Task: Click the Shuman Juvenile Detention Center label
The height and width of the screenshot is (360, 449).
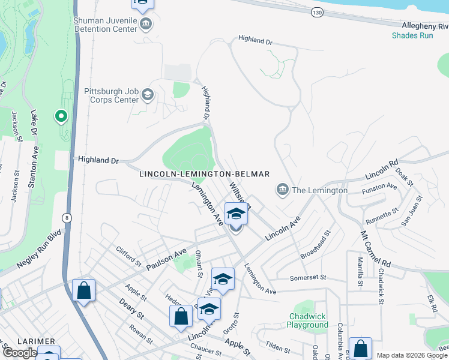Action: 105,24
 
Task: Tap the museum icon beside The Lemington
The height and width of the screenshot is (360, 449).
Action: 282,190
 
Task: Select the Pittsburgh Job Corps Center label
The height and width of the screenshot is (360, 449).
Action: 111,95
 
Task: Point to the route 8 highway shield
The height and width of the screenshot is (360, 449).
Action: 65,217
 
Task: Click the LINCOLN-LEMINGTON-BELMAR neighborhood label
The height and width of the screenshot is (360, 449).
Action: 204,174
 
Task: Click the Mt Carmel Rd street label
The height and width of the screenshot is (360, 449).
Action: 375,248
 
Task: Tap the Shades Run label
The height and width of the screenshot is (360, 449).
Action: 412,35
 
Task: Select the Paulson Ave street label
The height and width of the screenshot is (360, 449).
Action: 163,259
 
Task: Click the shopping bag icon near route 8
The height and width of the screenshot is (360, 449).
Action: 83,290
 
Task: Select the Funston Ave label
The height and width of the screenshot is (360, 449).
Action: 379,190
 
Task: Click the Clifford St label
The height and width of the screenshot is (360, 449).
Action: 128,257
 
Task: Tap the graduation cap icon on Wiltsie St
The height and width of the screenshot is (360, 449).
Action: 236,214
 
